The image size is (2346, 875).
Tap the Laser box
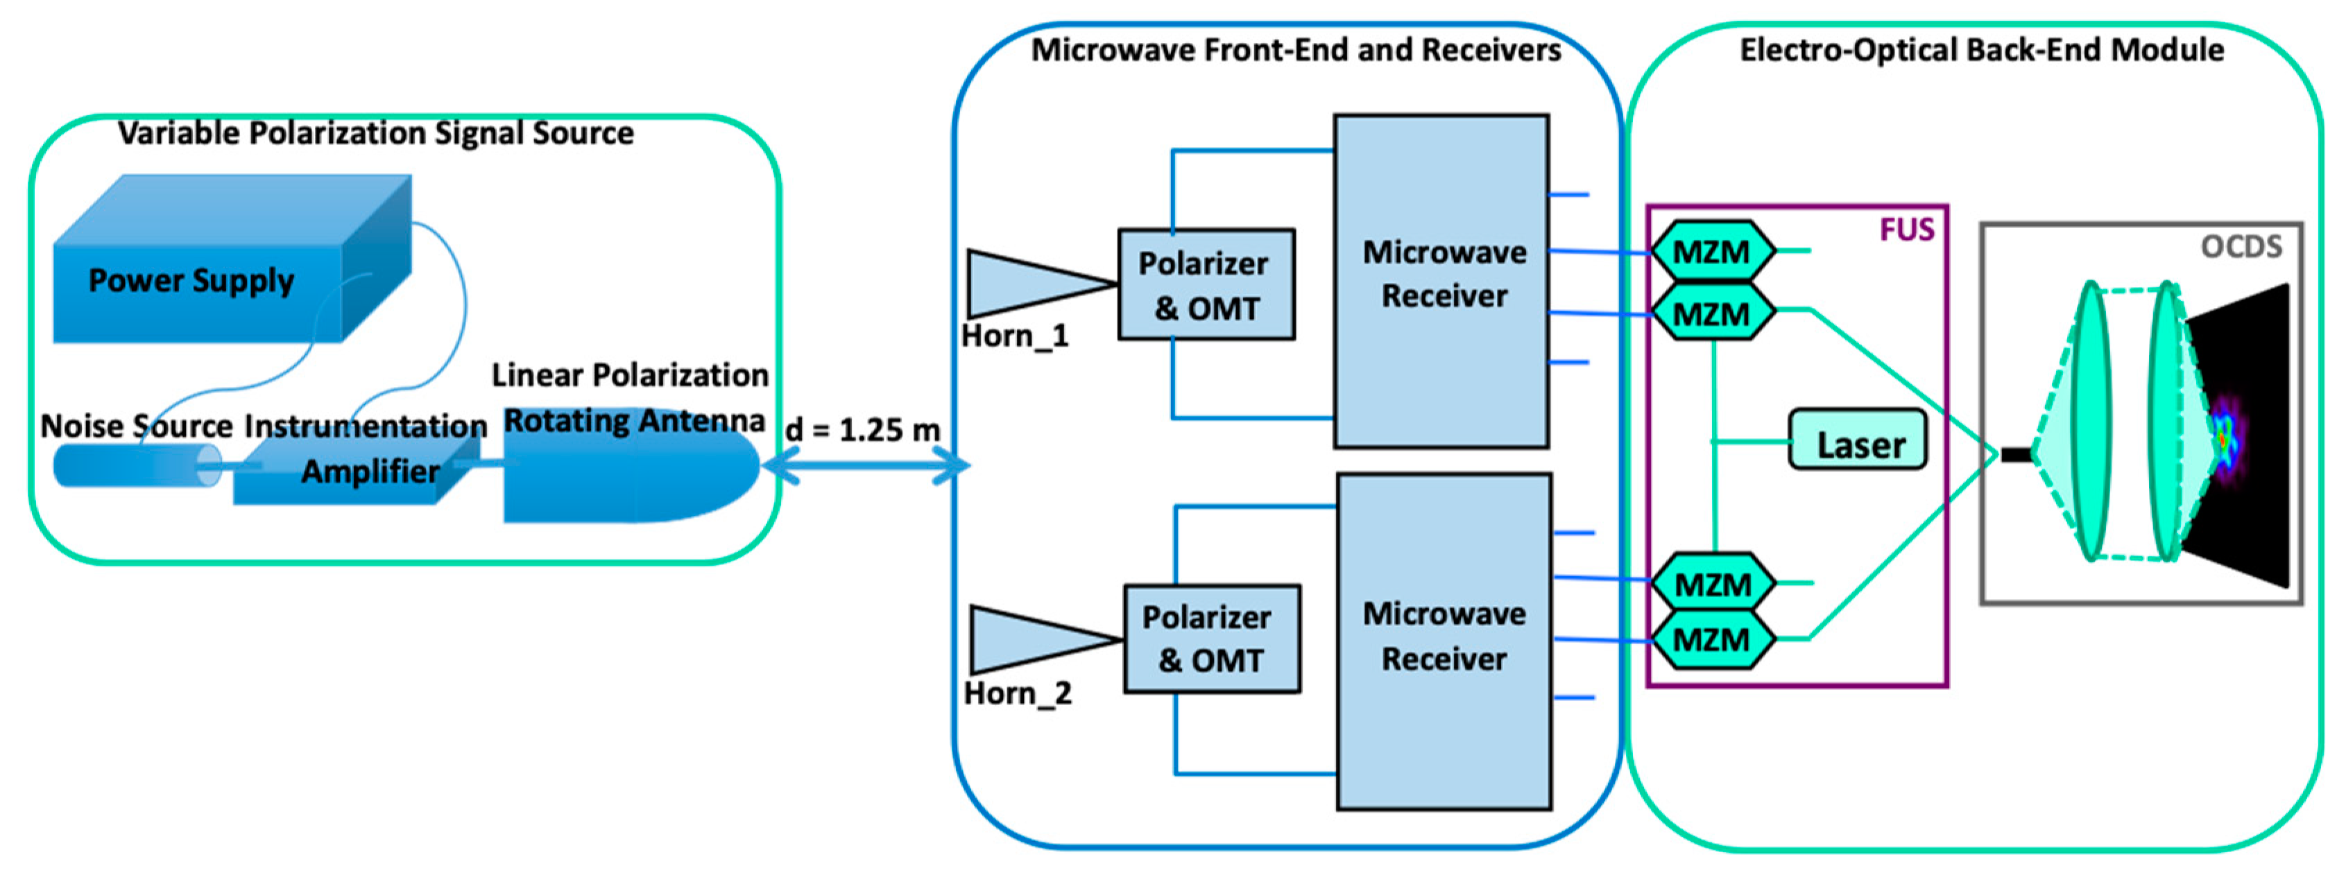(x=1858, y=444)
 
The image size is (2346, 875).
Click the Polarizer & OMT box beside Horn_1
(x=1206, y=285)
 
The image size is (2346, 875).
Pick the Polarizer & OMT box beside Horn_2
(x=1211, y=639)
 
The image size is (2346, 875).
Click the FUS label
(x=1906, y=229)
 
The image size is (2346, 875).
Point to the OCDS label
(x=2241, y=247)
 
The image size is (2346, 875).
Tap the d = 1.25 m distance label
(x=862, y=430)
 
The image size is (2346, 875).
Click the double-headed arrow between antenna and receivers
(x=865, y=465)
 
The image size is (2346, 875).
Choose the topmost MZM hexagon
(x=1711, y=251)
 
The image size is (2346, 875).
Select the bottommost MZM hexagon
(x=1711, y=639)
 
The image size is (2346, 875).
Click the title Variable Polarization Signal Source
(x=375, y=134)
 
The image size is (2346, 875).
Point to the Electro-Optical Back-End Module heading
(x=1982, y=49)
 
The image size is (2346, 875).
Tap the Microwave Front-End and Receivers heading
(x=1295, y=49)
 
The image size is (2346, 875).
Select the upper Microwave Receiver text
(x=1444, y=273)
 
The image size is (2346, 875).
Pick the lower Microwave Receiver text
(x=1444, y=636)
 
